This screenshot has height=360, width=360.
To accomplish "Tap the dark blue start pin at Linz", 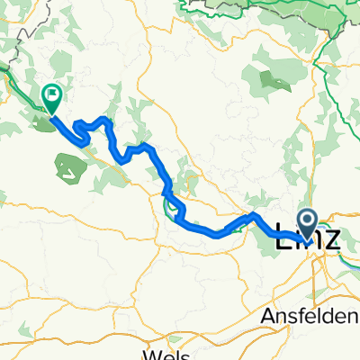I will tap(307, 222).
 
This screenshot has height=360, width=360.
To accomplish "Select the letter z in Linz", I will tap(333, 241).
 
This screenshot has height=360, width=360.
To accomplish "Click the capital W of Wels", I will tap(150, 354).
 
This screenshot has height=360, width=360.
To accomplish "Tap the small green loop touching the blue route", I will tap(171, 207).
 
